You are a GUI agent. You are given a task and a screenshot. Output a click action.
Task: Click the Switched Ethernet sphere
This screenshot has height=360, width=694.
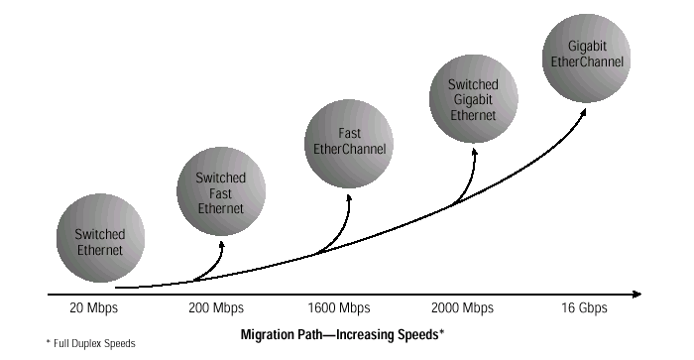[100, 238]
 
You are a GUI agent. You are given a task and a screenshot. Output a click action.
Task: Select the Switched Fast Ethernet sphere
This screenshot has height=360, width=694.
[221, 191]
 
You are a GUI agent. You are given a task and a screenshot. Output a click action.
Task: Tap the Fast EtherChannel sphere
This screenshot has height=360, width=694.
[349, 144]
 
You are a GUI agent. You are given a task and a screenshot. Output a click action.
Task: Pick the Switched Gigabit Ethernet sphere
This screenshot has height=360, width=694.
[474, 99]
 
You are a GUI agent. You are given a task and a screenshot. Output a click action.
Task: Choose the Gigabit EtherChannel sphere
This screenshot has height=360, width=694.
[587, 58]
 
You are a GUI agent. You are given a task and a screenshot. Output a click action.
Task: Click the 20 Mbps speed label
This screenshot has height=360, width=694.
[94, 307]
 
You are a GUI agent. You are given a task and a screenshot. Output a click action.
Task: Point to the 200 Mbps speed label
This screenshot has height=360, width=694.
[216, 307]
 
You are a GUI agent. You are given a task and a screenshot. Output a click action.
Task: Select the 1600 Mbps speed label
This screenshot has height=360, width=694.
[339, 307]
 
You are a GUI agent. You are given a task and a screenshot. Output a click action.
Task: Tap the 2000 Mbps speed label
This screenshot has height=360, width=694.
[463, 307]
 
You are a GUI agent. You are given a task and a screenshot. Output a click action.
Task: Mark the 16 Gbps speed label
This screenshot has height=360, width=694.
[584, 307]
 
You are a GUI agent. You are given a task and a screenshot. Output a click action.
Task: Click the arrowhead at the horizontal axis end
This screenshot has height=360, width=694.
[637, 294]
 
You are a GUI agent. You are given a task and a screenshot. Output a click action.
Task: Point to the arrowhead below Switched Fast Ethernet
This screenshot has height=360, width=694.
[221, 245]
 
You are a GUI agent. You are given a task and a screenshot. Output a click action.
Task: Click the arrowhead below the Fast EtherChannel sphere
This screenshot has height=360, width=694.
[349, 198]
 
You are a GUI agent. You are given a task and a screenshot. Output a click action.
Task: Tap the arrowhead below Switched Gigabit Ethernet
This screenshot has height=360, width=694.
[475, 153]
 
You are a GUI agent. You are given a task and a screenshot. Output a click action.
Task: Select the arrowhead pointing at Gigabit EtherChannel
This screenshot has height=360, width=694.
[583, 112]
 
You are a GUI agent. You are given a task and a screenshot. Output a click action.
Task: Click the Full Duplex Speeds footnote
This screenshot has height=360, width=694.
[91, 343]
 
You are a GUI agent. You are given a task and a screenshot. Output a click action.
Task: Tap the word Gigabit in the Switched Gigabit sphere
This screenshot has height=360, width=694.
[473, 100]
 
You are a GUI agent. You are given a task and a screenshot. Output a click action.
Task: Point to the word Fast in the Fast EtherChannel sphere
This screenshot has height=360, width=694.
[350, 133]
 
